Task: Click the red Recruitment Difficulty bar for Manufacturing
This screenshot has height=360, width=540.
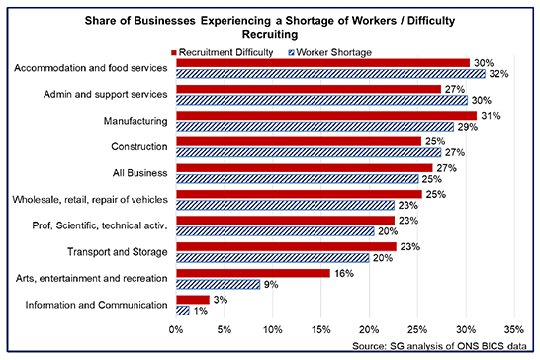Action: coord(324,116)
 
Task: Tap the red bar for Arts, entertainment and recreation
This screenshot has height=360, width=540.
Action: coord(253,273)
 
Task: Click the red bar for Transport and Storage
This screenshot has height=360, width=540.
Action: coord(286,246)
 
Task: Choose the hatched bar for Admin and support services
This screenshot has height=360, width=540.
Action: coord(320,100)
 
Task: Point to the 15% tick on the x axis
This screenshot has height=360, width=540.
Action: coord(320,329)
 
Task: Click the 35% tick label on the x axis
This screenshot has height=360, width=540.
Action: coord(513,329)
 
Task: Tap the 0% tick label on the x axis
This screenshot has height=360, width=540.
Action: coord(176,329)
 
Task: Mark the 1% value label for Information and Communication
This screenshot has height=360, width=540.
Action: coord(199,311)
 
